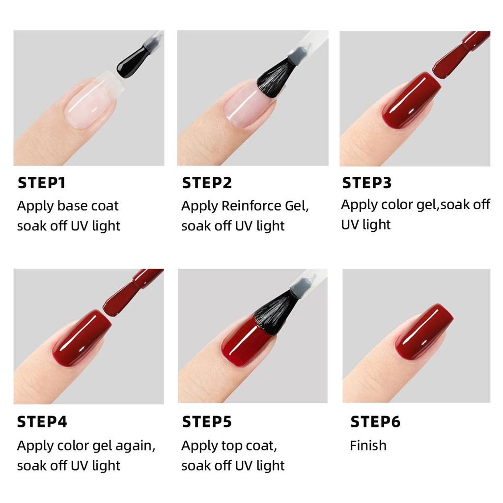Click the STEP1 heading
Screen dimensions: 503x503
point(41,183)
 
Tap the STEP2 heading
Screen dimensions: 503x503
point(206,183)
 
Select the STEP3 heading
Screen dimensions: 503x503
point(367,183)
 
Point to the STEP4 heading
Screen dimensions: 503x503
point(42,422)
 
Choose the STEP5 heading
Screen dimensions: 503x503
point(206,422)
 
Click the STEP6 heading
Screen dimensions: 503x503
point(375,422)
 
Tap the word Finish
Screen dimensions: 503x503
point(368,446)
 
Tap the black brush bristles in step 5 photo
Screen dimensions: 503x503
point(275,312)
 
